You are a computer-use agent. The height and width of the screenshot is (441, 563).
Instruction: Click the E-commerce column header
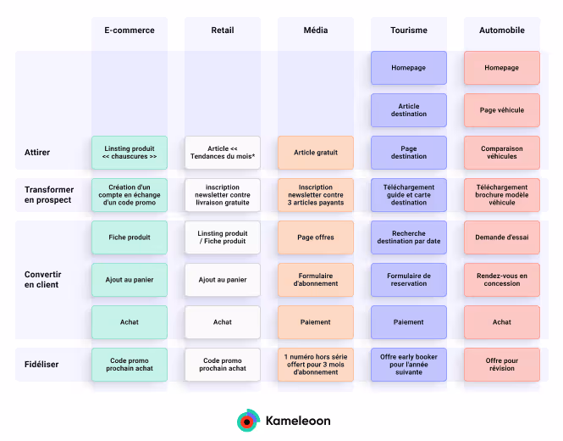(130, 31)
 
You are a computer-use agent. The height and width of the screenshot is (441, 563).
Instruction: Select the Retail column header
(223, 31)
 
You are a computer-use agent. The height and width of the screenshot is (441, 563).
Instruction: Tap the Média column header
(316, 31)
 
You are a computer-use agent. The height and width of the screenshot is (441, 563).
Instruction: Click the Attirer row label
(37, 153)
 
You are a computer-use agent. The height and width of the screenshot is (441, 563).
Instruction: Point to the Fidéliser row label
(41, 365)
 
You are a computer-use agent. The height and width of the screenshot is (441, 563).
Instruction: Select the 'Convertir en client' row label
(42, 279)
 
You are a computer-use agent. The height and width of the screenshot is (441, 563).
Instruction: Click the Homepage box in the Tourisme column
(409, 68)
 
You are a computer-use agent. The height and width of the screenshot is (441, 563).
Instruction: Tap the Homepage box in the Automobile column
(502, 68)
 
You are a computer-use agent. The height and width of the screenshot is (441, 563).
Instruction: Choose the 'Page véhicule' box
(502, 110)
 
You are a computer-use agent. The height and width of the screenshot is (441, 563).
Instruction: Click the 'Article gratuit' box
(316, 153)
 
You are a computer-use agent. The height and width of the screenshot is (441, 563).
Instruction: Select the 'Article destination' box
(409, 110)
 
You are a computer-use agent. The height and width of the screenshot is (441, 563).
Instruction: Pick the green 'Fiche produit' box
(130, 237)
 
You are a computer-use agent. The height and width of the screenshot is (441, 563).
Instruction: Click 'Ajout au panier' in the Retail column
(223, 280)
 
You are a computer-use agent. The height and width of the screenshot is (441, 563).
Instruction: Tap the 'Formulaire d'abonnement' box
(316, 280)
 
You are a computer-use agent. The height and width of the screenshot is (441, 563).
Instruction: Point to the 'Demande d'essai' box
(502, 237)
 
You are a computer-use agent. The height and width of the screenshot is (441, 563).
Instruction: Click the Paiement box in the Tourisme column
(409, 322)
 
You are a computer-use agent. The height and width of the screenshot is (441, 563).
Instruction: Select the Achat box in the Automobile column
(502, 322)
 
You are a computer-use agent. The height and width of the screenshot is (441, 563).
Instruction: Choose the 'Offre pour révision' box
(502, 365)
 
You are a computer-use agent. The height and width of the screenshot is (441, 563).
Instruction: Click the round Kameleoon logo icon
(248, 420)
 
